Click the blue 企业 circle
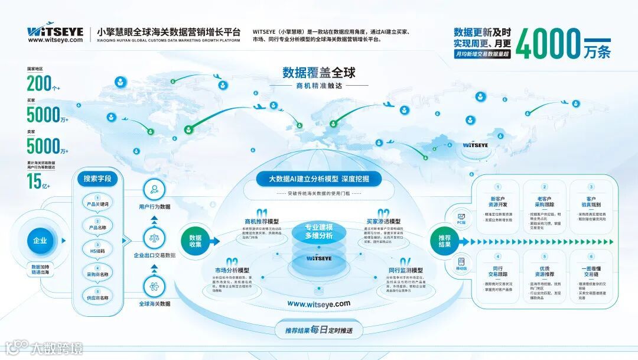[40, 241]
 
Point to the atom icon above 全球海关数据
[154, 287]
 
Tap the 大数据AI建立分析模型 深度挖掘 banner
[318, 179]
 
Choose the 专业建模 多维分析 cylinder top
[318, 231]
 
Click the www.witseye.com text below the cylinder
[318, 303]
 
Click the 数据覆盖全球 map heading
[318, 73]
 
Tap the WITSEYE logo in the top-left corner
[56, 31]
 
